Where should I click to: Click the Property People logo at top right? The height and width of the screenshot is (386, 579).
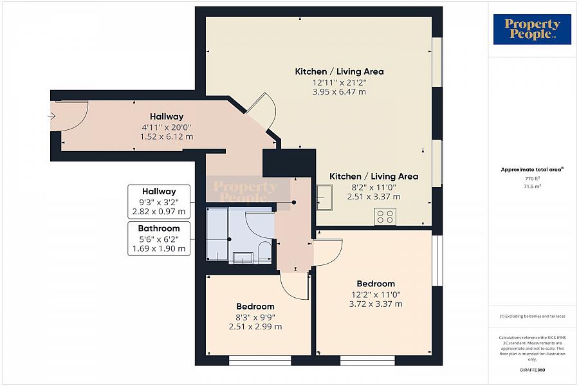[x=532, y=30]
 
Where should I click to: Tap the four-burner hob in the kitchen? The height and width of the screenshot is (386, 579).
[x=385, y=217]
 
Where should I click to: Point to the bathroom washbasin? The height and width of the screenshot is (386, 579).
[x=243, y=257]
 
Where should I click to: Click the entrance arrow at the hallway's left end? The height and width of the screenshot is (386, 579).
[x=51, y=116]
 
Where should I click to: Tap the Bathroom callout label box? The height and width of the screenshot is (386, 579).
[x=159, y=238]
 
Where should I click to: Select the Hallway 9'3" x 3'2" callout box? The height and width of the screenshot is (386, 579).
[x=159, y=201]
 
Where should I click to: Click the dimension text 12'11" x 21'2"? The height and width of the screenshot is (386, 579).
[x=339, y=82]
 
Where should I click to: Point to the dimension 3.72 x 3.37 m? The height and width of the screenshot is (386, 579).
[x=376, y=304]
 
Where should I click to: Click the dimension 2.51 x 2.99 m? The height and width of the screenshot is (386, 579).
[x=255, y=326]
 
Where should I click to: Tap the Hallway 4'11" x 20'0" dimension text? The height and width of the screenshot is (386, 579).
[x=167, y=127]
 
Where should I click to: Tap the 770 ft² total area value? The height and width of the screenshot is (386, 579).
[x=531, y=178]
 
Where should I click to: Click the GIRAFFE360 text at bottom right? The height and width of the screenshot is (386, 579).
[x=532, y=370]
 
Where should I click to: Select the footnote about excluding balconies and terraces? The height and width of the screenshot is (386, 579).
[x=531, y=316]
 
